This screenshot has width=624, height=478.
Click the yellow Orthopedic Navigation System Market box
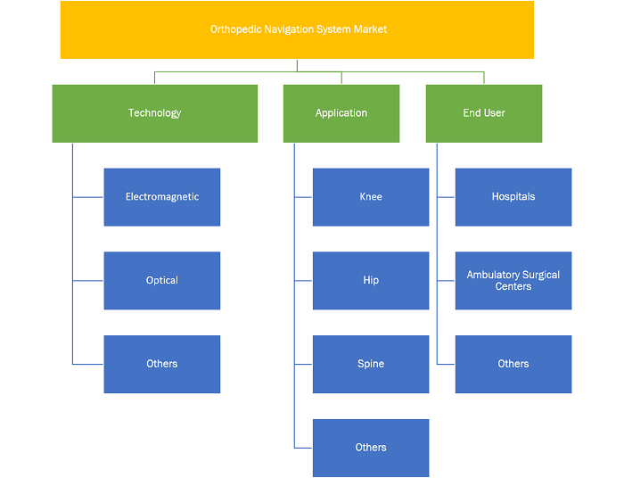[297, 29]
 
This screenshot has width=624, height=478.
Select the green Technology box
[155, 113]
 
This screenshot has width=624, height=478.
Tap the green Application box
[341, 113]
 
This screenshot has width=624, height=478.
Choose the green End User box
[484, 113]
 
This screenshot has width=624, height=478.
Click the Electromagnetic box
[162, 197]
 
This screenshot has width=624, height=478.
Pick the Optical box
[162, 281]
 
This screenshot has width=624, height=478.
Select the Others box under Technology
[162, 364]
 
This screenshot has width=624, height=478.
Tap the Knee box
[371, 197]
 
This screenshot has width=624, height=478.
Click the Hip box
[371, 281]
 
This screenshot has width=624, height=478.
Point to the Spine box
[371, 364]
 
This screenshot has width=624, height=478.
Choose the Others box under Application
[371, 448]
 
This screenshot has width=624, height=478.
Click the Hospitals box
[513, 197]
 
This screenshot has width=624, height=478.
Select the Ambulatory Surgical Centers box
[513, 281]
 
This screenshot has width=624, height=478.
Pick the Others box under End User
[513, 364]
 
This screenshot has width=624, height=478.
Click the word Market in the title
[372, 29]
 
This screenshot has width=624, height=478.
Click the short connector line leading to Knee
[303, 197]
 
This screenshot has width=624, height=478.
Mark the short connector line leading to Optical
[88, 281]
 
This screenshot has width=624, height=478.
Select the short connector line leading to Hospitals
[446, 197]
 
